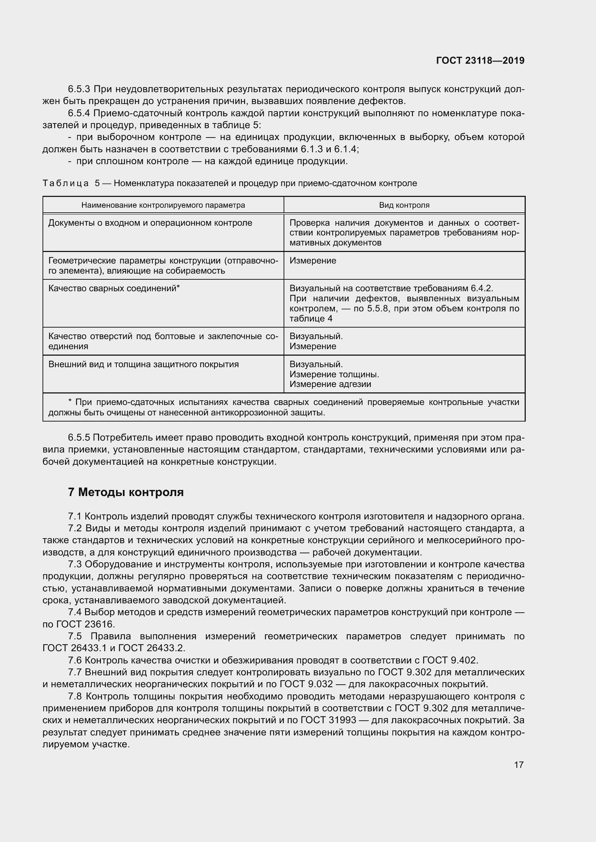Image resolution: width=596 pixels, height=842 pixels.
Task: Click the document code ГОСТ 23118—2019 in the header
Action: click(480, 60)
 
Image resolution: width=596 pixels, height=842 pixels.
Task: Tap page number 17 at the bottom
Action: click(519, 765)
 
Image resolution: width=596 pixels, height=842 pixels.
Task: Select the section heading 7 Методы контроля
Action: click(125, 492)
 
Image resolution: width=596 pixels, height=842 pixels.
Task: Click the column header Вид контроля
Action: click(404, 205)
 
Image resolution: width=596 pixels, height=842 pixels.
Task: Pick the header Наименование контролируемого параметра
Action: click(163, 205)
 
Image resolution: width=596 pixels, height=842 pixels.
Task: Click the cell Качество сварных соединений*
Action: click(114, 288)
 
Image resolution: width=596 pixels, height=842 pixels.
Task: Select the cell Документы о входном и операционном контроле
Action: click(150, 223)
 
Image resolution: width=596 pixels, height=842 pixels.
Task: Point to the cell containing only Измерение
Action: click(313, 261)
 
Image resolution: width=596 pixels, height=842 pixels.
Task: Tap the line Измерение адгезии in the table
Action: click(330, 384)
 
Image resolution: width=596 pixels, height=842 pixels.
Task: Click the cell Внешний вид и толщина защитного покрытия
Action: click(143, 364)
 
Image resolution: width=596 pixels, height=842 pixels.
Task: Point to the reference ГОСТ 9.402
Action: click(450, 660)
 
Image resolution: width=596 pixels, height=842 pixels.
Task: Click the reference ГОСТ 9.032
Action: click(306, 684)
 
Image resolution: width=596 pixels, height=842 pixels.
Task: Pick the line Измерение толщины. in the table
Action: click(334, 374)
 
